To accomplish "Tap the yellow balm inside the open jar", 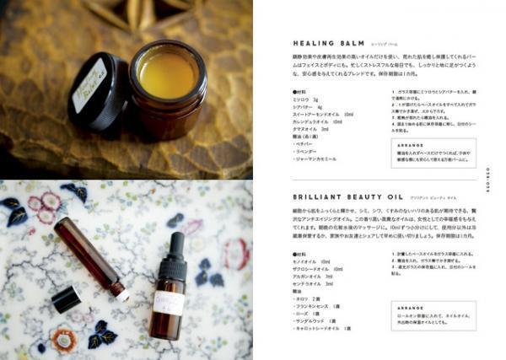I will pos(168,78).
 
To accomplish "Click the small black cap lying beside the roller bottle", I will pos(66,298).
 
